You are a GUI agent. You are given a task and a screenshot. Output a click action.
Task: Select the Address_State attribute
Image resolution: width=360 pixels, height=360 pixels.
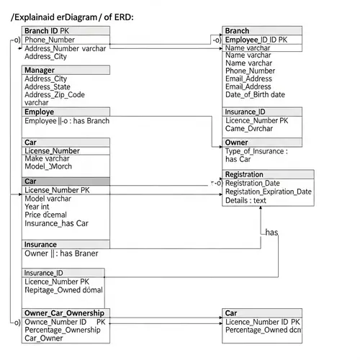click(x=48, y=86)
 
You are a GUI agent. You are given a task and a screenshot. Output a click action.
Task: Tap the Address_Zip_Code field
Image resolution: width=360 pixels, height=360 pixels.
click(x=54, y=94)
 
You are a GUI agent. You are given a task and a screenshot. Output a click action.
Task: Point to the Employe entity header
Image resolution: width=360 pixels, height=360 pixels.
click(x=40, y=112)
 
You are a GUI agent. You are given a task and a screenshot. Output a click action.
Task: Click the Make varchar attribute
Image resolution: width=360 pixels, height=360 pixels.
click(x=47, y=158)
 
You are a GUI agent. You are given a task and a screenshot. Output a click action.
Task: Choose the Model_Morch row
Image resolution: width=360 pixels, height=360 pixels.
click(x=48, y=166)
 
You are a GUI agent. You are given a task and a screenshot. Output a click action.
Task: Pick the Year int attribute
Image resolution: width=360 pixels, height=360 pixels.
click(x=37, y=207)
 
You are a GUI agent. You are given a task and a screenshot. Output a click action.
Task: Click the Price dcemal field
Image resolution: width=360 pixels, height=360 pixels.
click(x=45, y=215)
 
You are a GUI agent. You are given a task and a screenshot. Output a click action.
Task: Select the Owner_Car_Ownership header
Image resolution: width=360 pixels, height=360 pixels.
click(x=64, y=313)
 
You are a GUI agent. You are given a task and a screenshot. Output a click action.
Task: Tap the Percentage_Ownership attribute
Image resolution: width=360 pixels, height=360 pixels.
click(x=63, y=330)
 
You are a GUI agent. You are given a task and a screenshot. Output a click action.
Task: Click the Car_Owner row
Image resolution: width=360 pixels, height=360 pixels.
click(x=43, y=338)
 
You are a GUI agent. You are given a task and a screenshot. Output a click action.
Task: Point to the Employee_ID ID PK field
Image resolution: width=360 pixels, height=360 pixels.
click(x=256, y=40)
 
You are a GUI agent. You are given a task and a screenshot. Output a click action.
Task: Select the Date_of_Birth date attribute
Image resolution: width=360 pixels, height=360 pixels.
click(x=255, y=94)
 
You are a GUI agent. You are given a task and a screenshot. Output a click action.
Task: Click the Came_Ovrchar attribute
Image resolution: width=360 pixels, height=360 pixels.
click(x=249, y=129)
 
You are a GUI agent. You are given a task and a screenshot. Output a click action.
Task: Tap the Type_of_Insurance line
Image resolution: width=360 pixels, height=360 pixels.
click(x=256, y=151)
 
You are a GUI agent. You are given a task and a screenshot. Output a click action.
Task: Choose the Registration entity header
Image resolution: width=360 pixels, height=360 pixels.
click(x=244, y=174)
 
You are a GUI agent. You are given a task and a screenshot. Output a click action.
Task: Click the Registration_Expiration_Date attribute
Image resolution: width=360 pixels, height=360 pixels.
click(x=269, y=192)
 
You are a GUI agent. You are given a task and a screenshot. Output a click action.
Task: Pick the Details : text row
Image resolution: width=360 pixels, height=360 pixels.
click(x=246, y=200)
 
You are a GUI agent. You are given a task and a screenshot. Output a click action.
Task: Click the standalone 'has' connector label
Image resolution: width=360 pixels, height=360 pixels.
click(x=271, y=233)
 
